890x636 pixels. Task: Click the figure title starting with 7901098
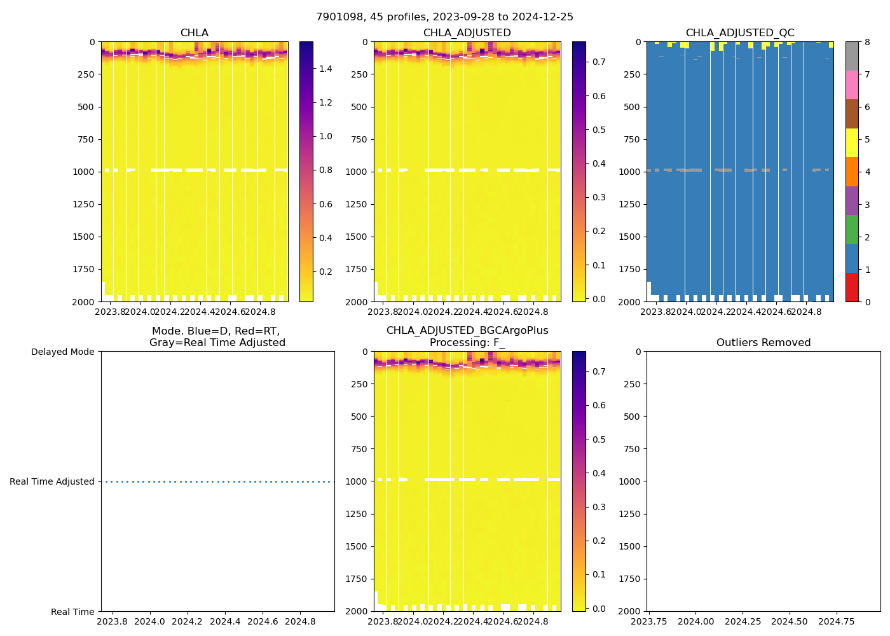pyautogui.click(x=444, y=17)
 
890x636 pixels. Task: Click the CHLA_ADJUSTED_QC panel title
pyautogui.click(x=740, y=33)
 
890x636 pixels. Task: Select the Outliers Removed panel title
pyautogui.click(x=763, y=343)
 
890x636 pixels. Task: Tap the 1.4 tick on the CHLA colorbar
pyautogui.click(x=325, y=69)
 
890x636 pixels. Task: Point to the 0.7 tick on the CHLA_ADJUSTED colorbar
pyautogui.click(x=599, y=62)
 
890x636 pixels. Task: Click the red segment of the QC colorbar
pyautogui.click(x=852, y=287)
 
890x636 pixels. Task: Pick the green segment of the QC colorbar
pyautogui.click(x=852, y=230)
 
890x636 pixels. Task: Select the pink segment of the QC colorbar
pyautogui.click(x=852, y=85)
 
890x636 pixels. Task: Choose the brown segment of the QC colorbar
pyautogui.click(x=852, y=114)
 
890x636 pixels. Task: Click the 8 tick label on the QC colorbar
pyautogui.click(x=867, y=43)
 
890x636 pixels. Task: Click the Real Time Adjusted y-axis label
pyautogui.click(x=52, y=482)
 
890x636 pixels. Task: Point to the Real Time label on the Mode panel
pyautogui.click(x=72, y=612)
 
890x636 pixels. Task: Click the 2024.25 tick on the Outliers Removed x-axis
pyautogui.click(x=743, y=621)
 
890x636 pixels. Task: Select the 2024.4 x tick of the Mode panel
pyautogui.click(x=225, y=621)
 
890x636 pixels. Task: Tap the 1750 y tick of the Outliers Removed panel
pyautogui.click(x=630, y=579)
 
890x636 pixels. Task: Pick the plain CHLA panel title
pyautogui.click(x=194, y=33)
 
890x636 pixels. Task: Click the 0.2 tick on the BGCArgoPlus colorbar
pyautogui.click(x=599, y=541)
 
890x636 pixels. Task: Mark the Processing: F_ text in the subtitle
pyautogui.click(x=467, y=343)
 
